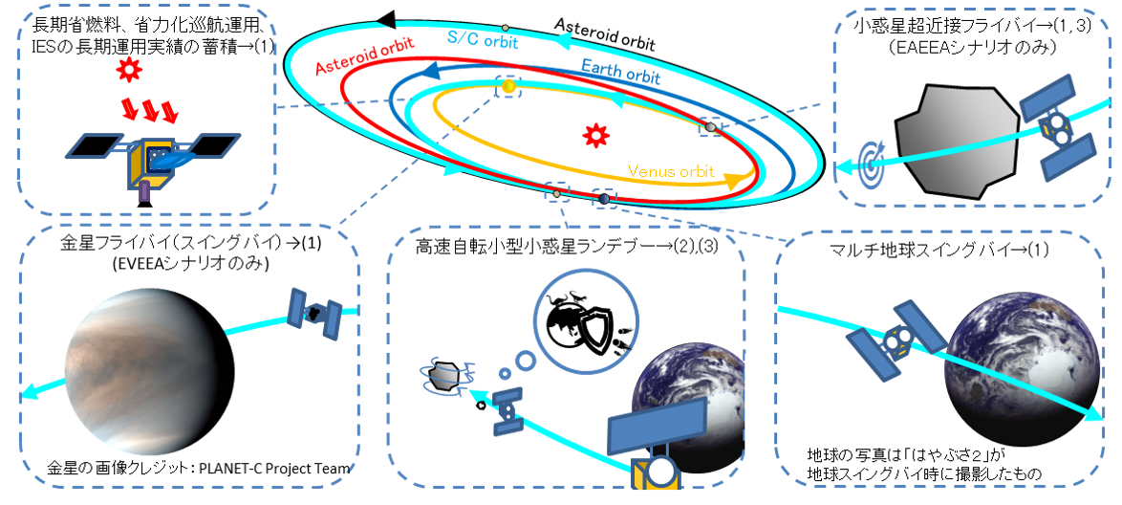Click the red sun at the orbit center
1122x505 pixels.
(x=596, y=135)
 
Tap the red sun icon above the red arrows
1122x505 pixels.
(x=127, y=72)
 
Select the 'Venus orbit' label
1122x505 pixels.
(x=671, y=171)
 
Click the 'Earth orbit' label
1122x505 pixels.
(x=619, y=72)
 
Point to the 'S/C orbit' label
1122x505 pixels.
(x=483, y=40)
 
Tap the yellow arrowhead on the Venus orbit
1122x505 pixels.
(x=733, y=180)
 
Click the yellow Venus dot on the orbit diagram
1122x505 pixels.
(x=508, y=87)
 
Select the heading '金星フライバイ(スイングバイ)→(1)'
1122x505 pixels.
(x=190, y=243)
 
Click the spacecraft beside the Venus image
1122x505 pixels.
(x=315, y=313)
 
